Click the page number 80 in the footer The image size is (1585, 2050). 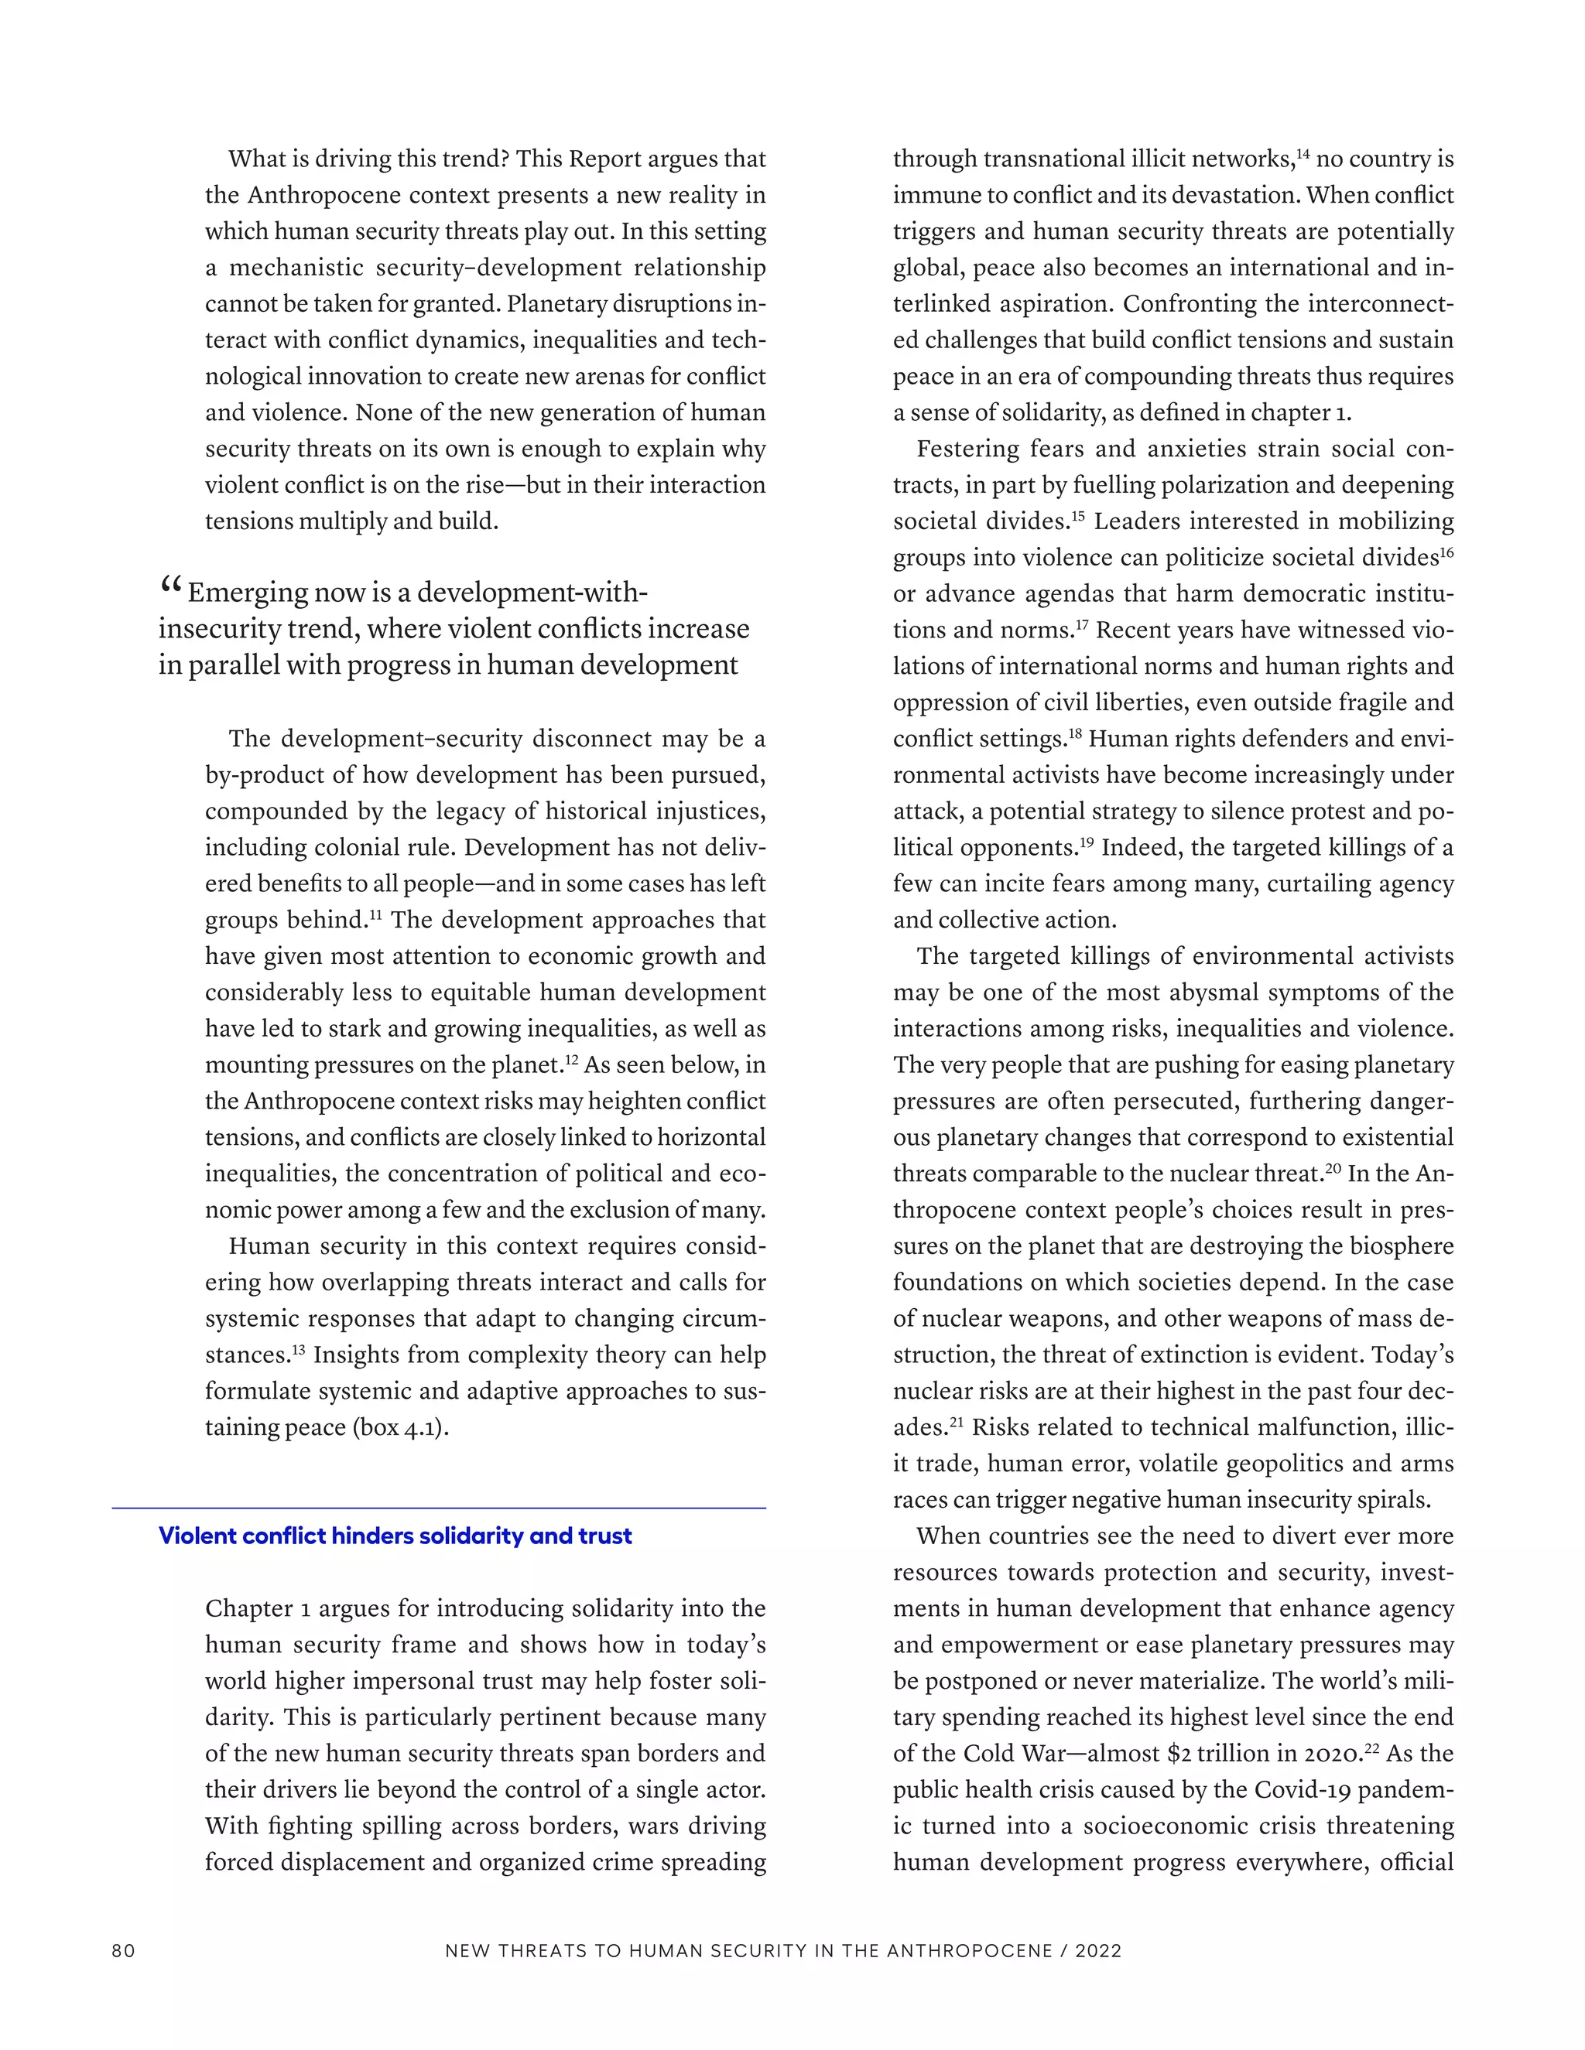pos(123,1950)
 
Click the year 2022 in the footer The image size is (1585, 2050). pos(1099,1950)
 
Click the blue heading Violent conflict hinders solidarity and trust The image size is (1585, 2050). pos(395,1536)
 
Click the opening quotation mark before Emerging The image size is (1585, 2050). pos(170,588)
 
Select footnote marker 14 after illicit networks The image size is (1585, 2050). pos(1303,152)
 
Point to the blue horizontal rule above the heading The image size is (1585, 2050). pos(439,1508)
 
